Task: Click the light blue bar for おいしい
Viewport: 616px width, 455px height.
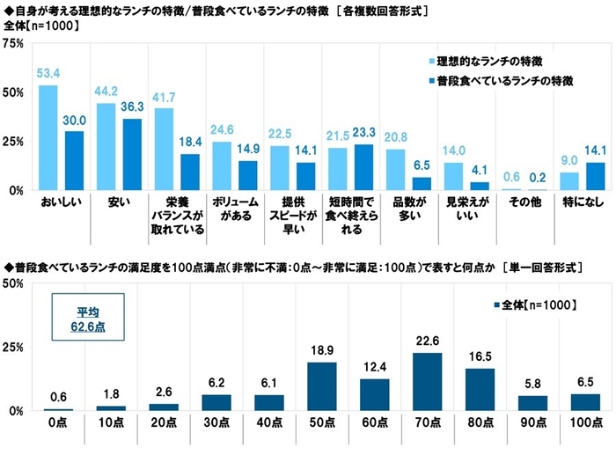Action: point(48,137)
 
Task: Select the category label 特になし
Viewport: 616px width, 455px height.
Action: point(578,203)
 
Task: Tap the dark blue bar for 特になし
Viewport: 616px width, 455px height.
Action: point(596,176)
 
